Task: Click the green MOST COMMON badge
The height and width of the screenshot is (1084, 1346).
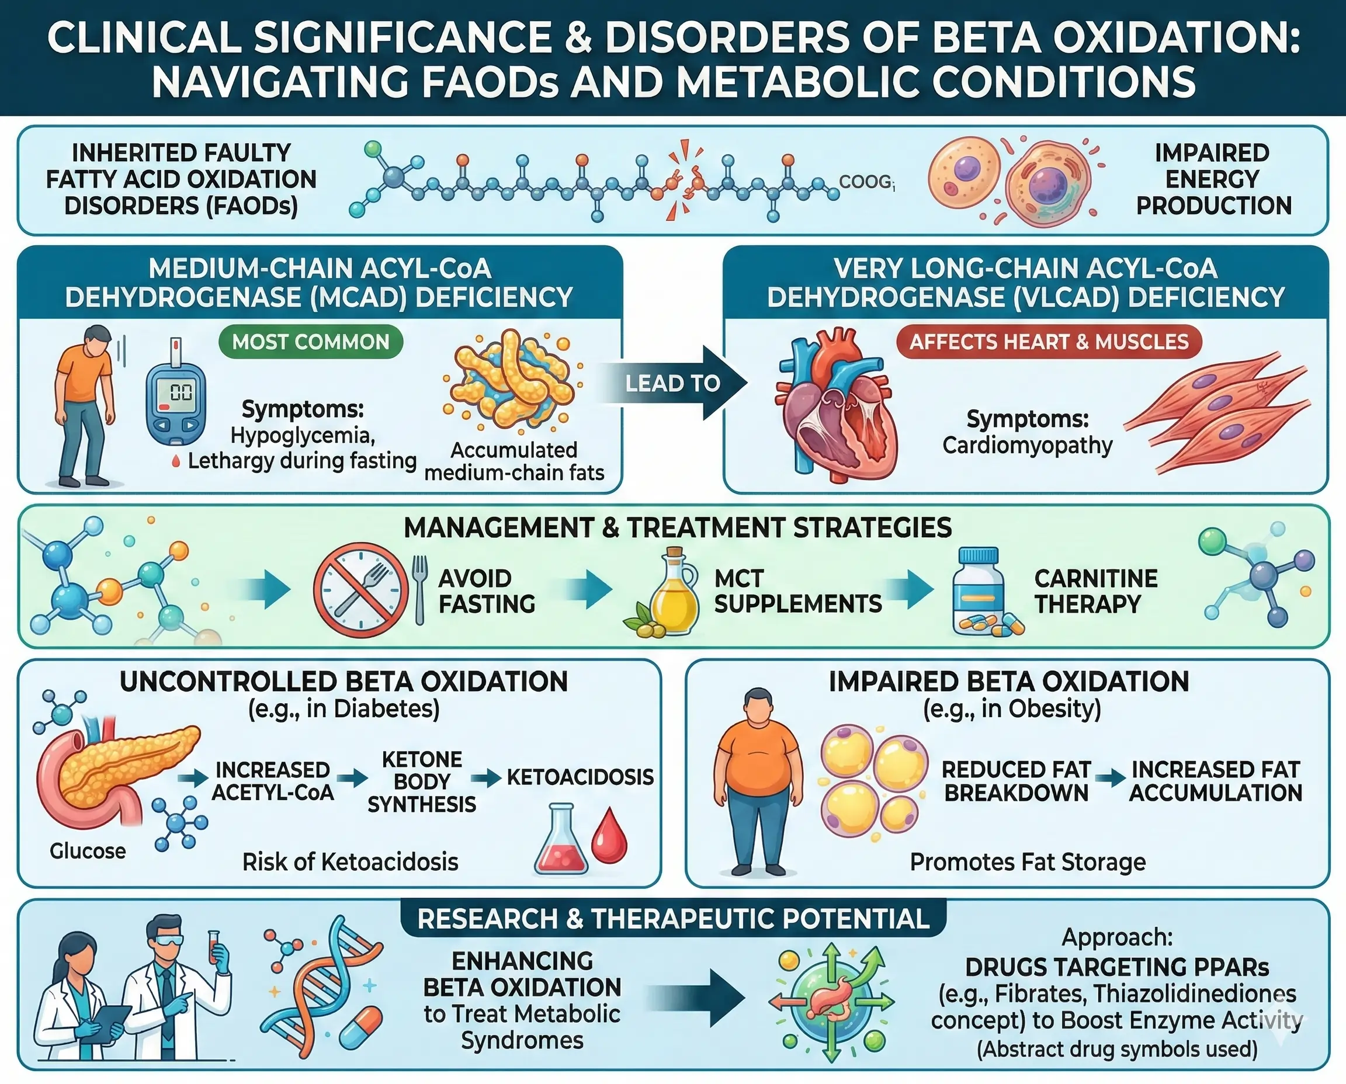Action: tap(310, 342)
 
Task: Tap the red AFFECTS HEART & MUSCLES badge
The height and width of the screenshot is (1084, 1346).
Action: tap(1049, 342)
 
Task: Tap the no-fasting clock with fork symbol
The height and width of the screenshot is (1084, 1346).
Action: tap(360, 589)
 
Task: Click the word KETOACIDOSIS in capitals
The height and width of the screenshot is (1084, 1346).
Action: tap(580, 777)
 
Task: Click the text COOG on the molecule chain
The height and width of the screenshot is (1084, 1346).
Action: tap(865, 182)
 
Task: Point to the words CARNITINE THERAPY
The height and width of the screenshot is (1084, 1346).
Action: tap(1095, 590)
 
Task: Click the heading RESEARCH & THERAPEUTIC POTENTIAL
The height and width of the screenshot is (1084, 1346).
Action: tap(672, 919)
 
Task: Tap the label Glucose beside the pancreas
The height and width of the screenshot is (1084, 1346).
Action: tap(88, 850)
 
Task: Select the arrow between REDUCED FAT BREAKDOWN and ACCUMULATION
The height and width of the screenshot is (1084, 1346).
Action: tap(1110, 779)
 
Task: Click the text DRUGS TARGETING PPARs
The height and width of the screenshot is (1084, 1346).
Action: tap(1117, 967)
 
